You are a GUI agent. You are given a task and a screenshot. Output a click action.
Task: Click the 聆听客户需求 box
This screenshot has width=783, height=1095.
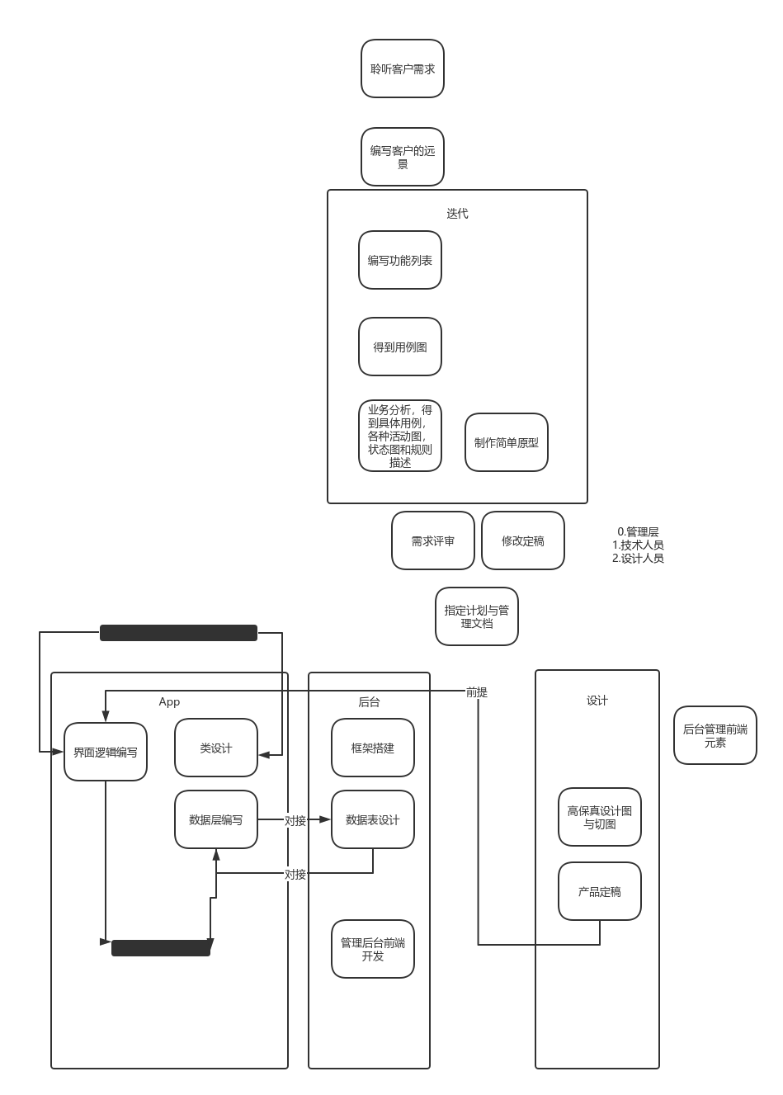(403, 68)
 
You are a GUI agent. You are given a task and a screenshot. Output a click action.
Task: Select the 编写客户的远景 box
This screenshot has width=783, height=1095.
(403, 157)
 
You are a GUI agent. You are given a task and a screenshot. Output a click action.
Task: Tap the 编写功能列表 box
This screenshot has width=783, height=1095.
(400, 260)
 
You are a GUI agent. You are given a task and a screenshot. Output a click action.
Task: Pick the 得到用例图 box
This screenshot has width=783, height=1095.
(400, 347)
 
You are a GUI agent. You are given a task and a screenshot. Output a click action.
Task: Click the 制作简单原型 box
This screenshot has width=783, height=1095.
(507, 442)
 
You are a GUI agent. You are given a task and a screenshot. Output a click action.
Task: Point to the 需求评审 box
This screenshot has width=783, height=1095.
(433, 540)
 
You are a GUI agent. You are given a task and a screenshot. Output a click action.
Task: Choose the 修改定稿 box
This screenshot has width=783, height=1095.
(523, 540)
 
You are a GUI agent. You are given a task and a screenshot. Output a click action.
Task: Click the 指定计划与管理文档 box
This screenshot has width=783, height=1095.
(477, 616)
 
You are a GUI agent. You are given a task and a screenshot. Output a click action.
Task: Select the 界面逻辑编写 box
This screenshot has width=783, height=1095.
(106, 752)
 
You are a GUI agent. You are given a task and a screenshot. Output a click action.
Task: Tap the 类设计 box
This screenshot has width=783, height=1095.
(216, 748)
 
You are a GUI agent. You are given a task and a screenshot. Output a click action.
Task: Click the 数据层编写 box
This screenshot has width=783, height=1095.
(216, 819)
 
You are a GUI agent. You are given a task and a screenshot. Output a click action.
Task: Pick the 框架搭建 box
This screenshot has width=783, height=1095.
(373, 748)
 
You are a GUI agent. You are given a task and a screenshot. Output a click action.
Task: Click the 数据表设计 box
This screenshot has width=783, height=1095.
(373, 819)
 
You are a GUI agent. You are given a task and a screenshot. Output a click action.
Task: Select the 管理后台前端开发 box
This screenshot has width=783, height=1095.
(373, 949)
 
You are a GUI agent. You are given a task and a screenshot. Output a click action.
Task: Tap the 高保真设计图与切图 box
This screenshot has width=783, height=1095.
(600, 817)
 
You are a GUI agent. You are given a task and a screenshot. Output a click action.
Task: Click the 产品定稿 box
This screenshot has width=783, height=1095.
(600, 891)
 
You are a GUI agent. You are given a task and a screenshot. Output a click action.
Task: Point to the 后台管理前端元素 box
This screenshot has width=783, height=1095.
(715, 735)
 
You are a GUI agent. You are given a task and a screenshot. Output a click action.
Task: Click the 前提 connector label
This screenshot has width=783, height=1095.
(477, 691)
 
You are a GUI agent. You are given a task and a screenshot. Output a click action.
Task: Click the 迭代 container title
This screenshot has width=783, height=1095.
(457, 214)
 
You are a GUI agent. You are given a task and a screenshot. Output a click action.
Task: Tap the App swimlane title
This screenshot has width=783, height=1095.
(169, 701)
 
